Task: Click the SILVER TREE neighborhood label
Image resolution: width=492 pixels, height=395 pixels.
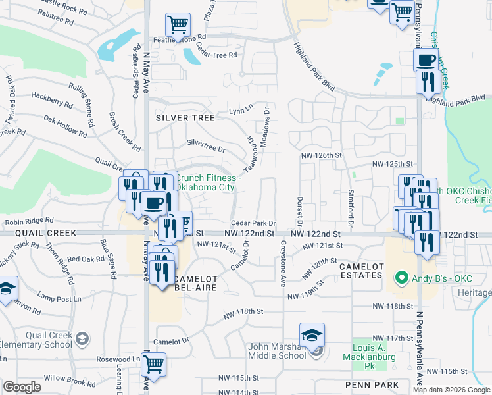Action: click(185, 118)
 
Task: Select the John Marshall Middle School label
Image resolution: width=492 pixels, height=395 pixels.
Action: click(277, 351)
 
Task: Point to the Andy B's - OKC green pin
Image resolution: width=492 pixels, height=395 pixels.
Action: click(399, 278)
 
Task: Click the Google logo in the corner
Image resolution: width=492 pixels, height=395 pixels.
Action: click(22, 387)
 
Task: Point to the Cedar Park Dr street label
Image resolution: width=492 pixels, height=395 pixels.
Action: click(253, 224)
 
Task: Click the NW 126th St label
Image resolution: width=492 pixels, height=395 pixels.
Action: click(322, 155)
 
